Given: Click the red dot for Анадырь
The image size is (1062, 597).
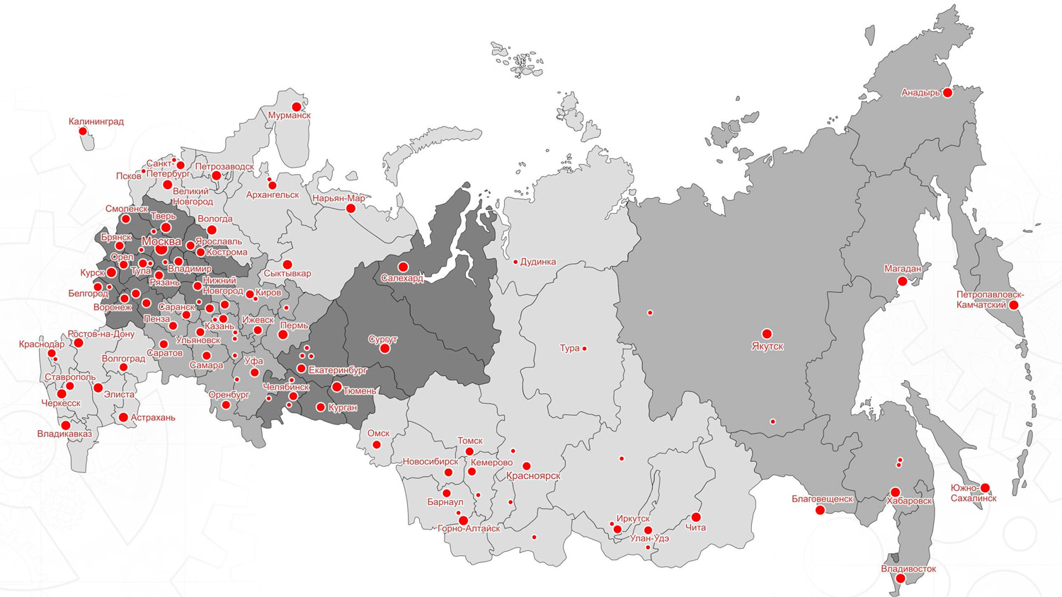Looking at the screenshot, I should pyautogui.click(x=947, y=92).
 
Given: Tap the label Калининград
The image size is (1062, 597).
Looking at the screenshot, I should pyautogui.click(x=96, y=122).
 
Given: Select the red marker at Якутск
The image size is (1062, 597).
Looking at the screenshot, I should pyautogui.click(x=767, y=333).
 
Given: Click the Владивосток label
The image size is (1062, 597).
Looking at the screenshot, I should pyautogui.click(x=908, y=569).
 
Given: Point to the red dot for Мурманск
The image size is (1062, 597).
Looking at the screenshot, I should pyautogui.click(x=297, y=106).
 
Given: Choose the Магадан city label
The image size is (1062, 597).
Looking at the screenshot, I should pyautogui.click(x=903, y=269).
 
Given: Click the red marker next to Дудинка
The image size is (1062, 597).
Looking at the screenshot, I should pyautogui.click(x=515, y=262).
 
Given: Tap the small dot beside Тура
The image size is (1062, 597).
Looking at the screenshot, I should pyautogui.click(x=584, y=348).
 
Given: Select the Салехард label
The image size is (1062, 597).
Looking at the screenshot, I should pyautogui.click(x=402, y=279).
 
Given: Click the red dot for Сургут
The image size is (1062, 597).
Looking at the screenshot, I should pyautogui.click(x=384, y=349).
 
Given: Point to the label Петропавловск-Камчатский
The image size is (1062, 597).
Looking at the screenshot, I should pyautogui.click(x=990, y=300).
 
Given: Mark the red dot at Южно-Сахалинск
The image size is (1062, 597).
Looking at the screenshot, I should pyautogui.click(x=985, y=487).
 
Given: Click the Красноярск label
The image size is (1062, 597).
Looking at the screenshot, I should pyautogui.click(x=533, y=476).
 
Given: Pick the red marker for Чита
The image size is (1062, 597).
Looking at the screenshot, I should pyautogui.click(x=696, y=517).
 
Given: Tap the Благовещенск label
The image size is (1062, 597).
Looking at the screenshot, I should pyautogui.click(x=822, y=499).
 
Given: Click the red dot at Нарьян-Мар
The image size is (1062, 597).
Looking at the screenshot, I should pyautogui.click(x=350, y=209).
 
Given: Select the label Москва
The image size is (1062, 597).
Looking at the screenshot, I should pyautogui.click(x=161, y=241).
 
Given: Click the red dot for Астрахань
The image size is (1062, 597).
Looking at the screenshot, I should pyautogui.click(x=123, y=417).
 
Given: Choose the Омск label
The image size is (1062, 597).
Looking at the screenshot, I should pyautogui.click(x=378, y=433).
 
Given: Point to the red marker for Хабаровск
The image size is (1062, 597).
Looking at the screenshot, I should pyautogui.click(x=895, y=492).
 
